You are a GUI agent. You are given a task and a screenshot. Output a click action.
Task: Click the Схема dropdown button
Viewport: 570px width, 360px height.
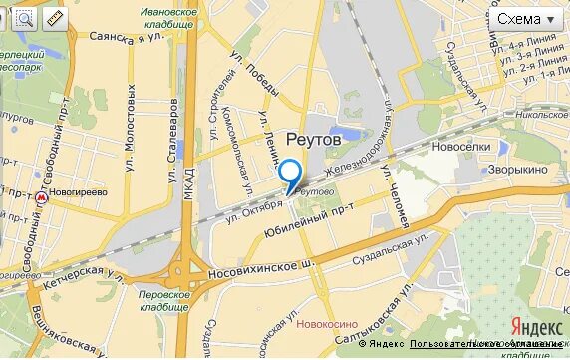point(527,19)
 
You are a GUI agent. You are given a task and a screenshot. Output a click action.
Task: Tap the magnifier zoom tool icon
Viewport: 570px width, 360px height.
point(25,18)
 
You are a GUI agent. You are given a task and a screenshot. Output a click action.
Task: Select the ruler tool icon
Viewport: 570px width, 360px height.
point(54,18)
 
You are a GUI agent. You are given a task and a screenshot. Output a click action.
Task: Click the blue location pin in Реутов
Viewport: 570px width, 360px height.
point(290,175)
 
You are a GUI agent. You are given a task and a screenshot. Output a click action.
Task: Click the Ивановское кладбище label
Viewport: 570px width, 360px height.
point(167,17)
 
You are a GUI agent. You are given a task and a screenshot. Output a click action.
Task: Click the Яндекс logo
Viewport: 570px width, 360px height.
point(535,326)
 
